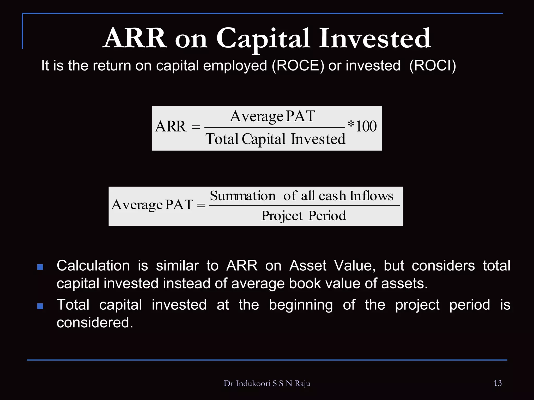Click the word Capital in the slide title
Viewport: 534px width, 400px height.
[263, 39]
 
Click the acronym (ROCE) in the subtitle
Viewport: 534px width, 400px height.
[298, 65]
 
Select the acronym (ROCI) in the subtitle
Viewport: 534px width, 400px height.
[433, 65]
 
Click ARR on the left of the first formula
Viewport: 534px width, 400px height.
[171, 127]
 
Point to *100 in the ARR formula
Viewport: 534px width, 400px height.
[362, 126]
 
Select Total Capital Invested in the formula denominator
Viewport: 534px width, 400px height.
[275, 139]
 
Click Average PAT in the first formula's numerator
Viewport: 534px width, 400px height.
[272, 116]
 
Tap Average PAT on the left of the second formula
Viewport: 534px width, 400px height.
[152, 205]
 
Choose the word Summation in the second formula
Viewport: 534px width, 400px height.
[242, 196]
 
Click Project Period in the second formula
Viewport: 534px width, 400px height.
[304, 216]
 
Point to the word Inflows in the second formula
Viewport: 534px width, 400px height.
[371, 196]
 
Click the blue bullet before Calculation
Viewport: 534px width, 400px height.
[40, 267]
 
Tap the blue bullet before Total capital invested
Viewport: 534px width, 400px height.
[40, 306]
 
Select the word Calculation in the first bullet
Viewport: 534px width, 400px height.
[93, 266]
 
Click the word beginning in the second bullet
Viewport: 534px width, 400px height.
[301, 305]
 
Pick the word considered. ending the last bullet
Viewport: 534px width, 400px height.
[95, 323]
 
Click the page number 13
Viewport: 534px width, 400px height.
[497, 383]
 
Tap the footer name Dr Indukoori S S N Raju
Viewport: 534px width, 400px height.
[267, 384]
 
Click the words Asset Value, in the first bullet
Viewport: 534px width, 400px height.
[332, 266]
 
